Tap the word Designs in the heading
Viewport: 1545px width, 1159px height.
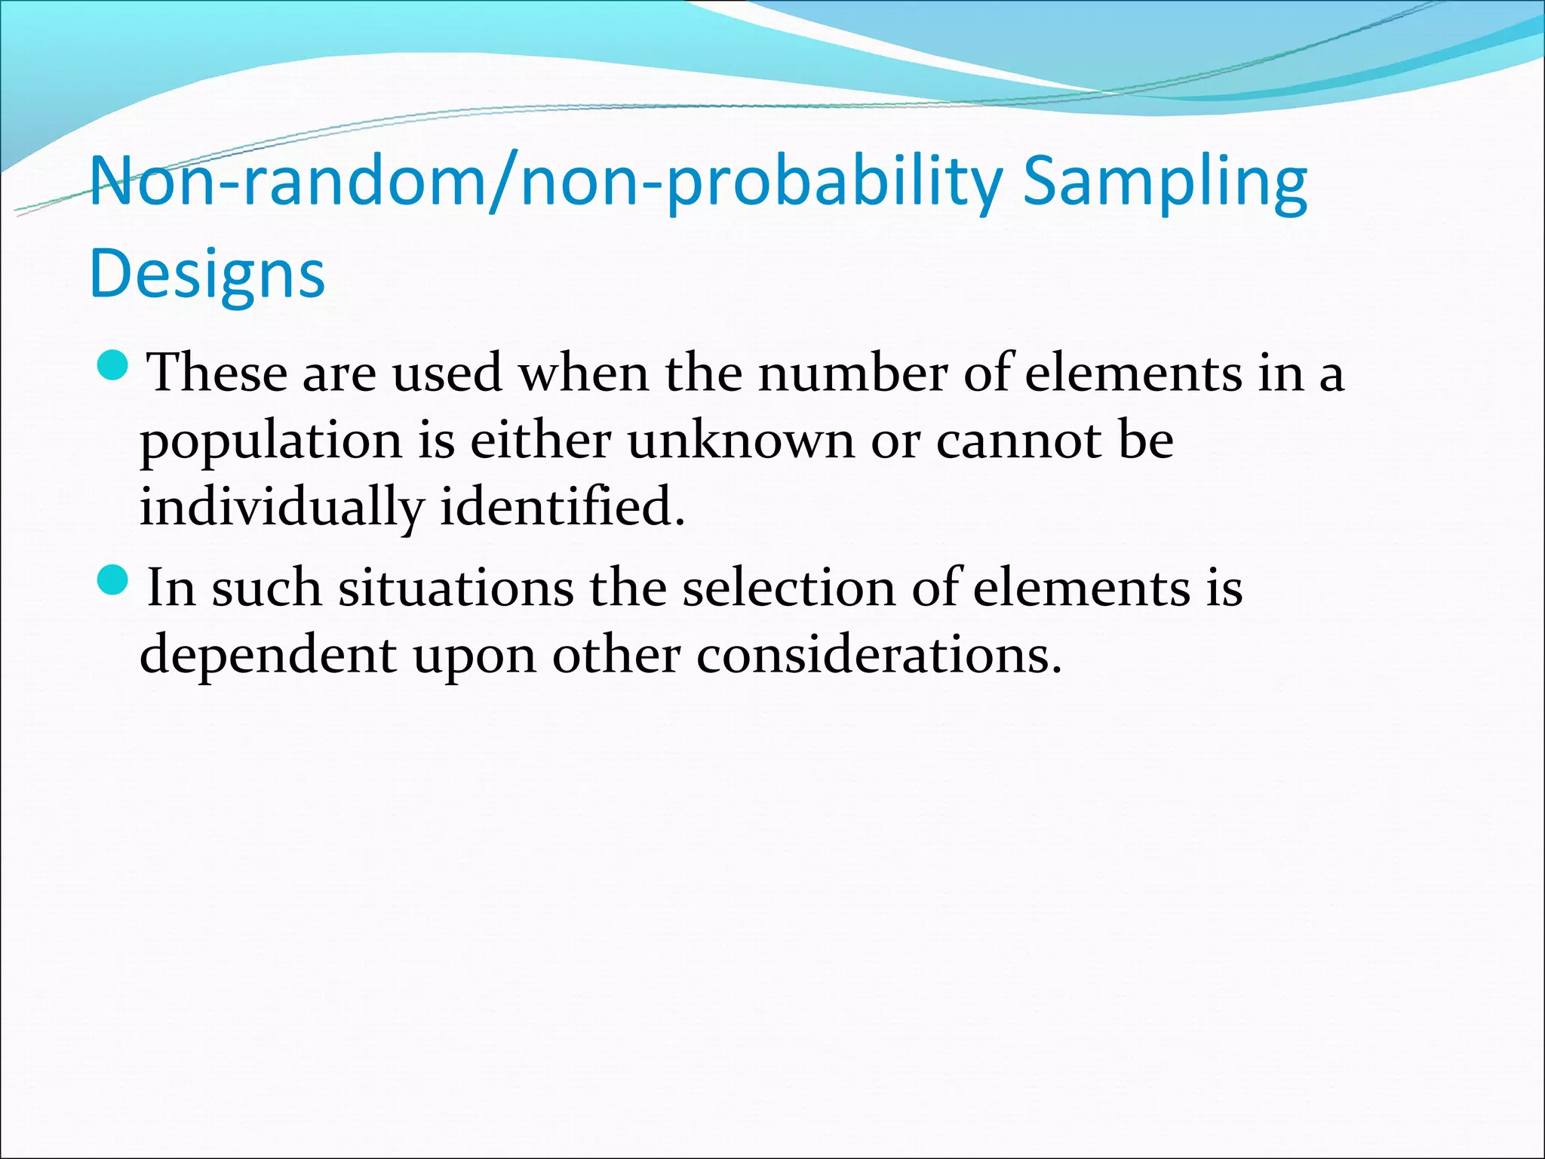point(207,274)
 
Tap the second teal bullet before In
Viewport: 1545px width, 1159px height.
point(115,580)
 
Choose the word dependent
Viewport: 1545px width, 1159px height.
point(268,654)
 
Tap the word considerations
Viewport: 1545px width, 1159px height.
point(878,654)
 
